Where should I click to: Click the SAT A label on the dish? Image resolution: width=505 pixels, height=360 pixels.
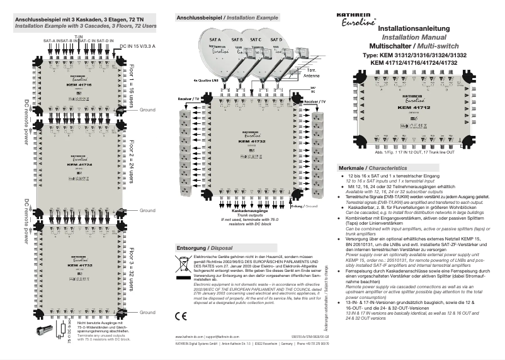coord(215,40)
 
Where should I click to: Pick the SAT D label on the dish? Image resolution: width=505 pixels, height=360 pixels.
coord(275,40)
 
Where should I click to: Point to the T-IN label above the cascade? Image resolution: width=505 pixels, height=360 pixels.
coord(78,37)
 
